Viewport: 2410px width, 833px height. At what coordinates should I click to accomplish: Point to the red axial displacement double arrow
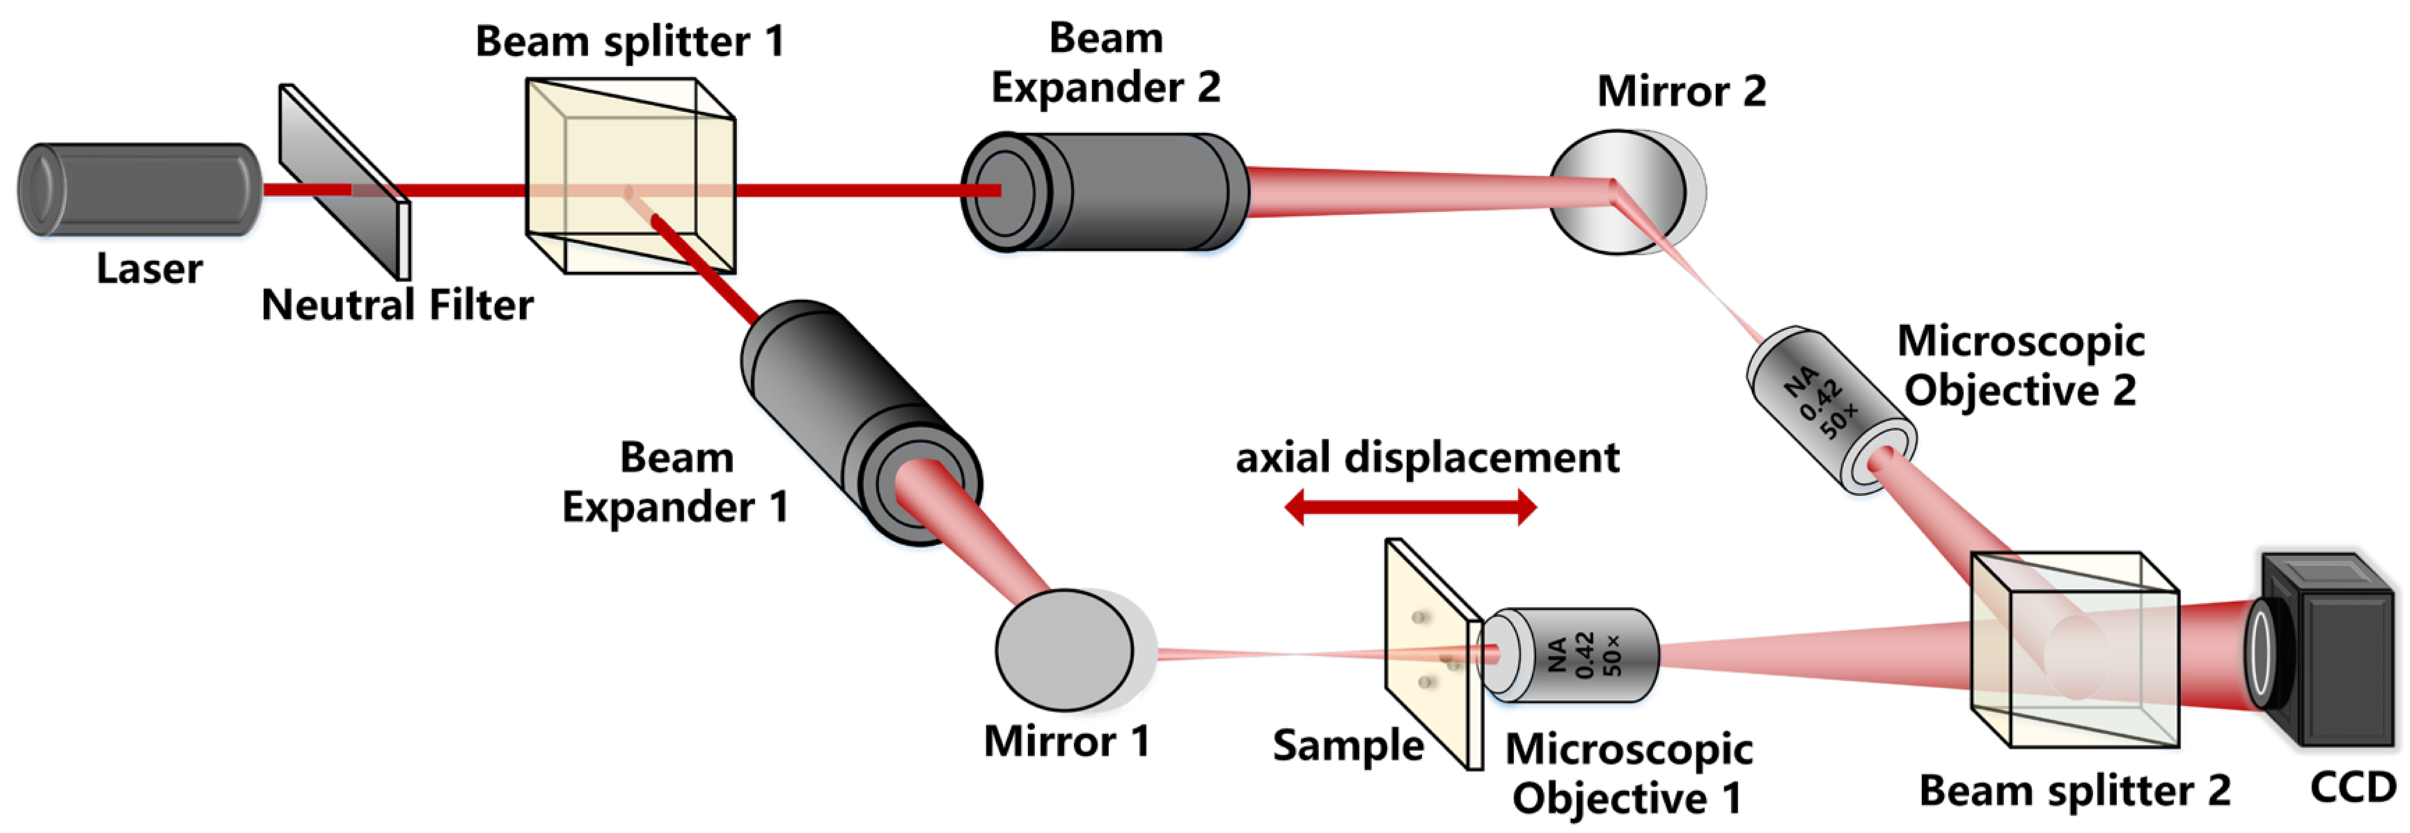point(1410,507)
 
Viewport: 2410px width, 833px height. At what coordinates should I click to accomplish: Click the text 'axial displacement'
point(1428,458)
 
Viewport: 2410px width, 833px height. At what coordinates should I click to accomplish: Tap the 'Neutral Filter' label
point(397,305)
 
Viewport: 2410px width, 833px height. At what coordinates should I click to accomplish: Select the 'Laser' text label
point(149,269)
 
